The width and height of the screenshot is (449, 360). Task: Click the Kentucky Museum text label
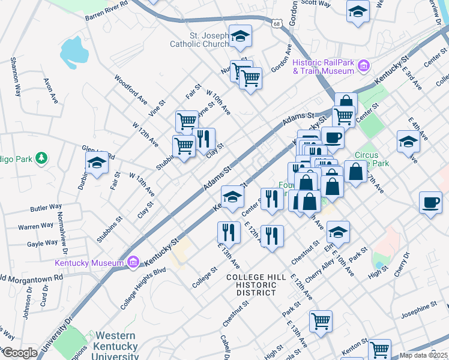coord(89,263)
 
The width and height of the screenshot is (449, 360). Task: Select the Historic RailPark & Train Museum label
coord(323,67)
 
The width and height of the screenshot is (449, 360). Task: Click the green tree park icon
coord(41,158)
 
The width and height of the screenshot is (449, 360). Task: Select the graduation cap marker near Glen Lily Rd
coord(97,163)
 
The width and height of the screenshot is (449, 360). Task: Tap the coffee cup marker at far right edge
coord(430,203)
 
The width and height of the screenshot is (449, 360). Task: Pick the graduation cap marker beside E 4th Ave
coord(408,142)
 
